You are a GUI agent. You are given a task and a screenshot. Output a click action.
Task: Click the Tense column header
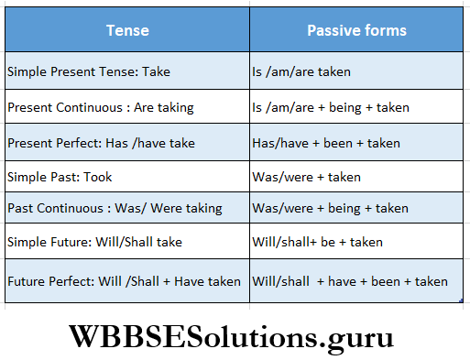[127, 30]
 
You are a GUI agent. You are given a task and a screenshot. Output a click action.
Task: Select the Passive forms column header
[356, 30]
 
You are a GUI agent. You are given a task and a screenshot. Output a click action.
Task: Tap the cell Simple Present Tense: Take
[127, 71]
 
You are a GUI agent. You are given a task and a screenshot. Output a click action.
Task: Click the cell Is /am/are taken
[356, 71]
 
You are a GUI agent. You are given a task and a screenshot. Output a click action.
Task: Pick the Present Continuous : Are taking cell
[127, 107]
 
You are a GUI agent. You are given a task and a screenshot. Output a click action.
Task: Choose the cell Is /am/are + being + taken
[356, 107]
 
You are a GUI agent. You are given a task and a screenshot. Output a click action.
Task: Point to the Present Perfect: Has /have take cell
[127, 143]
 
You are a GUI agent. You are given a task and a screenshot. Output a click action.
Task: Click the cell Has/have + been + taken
[356, 143]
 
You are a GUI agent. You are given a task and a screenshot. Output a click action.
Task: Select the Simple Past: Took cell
[127, 177]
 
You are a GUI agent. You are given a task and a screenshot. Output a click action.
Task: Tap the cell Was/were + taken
[356, 177]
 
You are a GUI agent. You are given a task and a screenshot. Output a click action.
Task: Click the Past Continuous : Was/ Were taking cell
[127, 208]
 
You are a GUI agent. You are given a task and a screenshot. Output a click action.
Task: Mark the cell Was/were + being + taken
[356, 208]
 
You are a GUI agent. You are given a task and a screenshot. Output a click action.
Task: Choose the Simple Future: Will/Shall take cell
[127, 242]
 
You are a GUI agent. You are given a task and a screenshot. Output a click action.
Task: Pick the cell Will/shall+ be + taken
[356, 242]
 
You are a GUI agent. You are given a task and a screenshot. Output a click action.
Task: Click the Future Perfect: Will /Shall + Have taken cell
[127, 281]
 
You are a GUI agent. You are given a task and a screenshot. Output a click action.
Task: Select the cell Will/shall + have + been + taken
[356, 281]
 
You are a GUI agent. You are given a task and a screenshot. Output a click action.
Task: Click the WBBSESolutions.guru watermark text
[235, 336]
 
